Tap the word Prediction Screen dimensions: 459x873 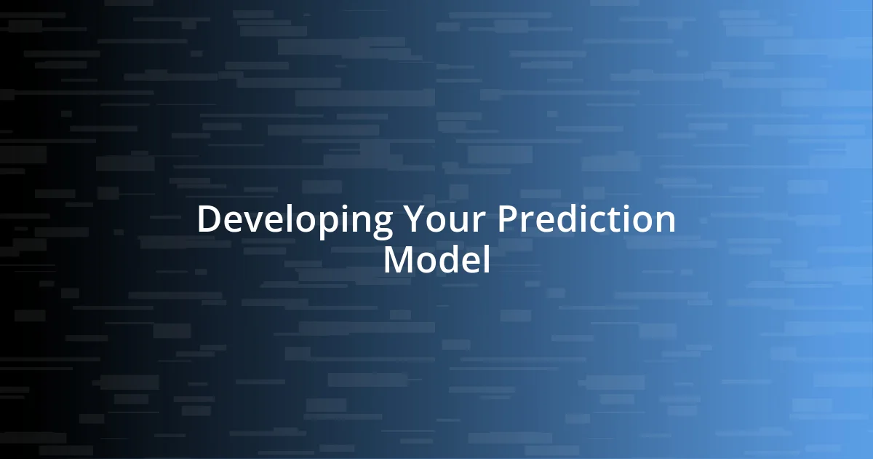pos(586,220)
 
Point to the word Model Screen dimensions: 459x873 pos(436,260)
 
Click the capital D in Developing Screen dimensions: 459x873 pos(209,220)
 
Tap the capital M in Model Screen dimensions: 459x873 pos(399,260)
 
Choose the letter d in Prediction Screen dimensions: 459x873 pos(565,220)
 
